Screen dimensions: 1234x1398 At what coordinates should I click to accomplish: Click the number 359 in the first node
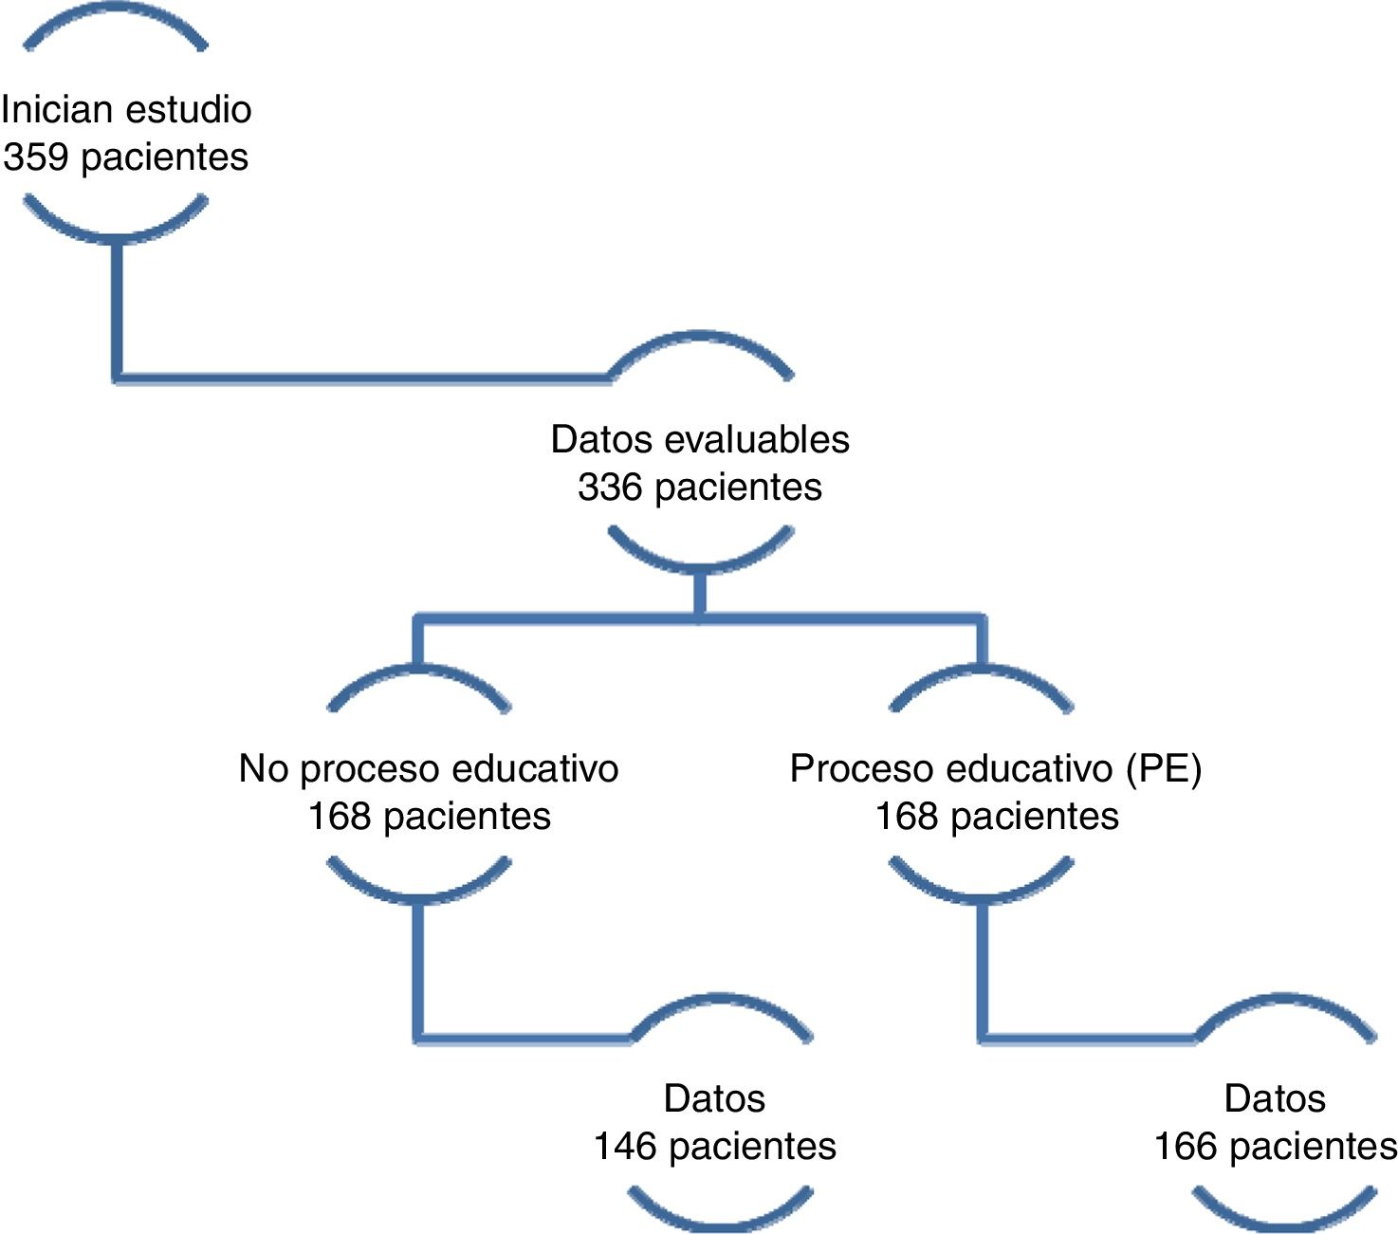coord(36,157)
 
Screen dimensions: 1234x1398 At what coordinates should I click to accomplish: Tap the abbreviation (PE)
coord(1164,769)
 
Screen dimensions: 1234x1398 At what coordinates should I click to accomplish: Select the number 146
coord(625,1147)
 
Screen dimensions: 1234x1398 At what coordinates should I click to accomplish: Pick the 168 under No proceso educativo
coord(340,817)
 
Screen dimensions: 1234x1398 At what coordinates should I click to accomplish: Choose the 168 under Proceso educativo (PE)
coord(907,817)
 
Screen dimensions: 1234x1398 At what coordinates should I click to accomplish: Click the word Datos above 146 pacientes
coord(714,1099)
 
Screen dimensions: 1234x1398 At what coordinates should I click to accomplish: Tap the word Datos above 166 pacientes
coord(1275,1099)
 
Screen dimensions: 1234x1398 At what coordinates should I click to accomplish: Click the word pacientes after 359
coord(164,157)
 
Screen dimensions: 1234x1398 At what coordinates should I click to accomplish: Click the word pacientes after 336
coord(738,488)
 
